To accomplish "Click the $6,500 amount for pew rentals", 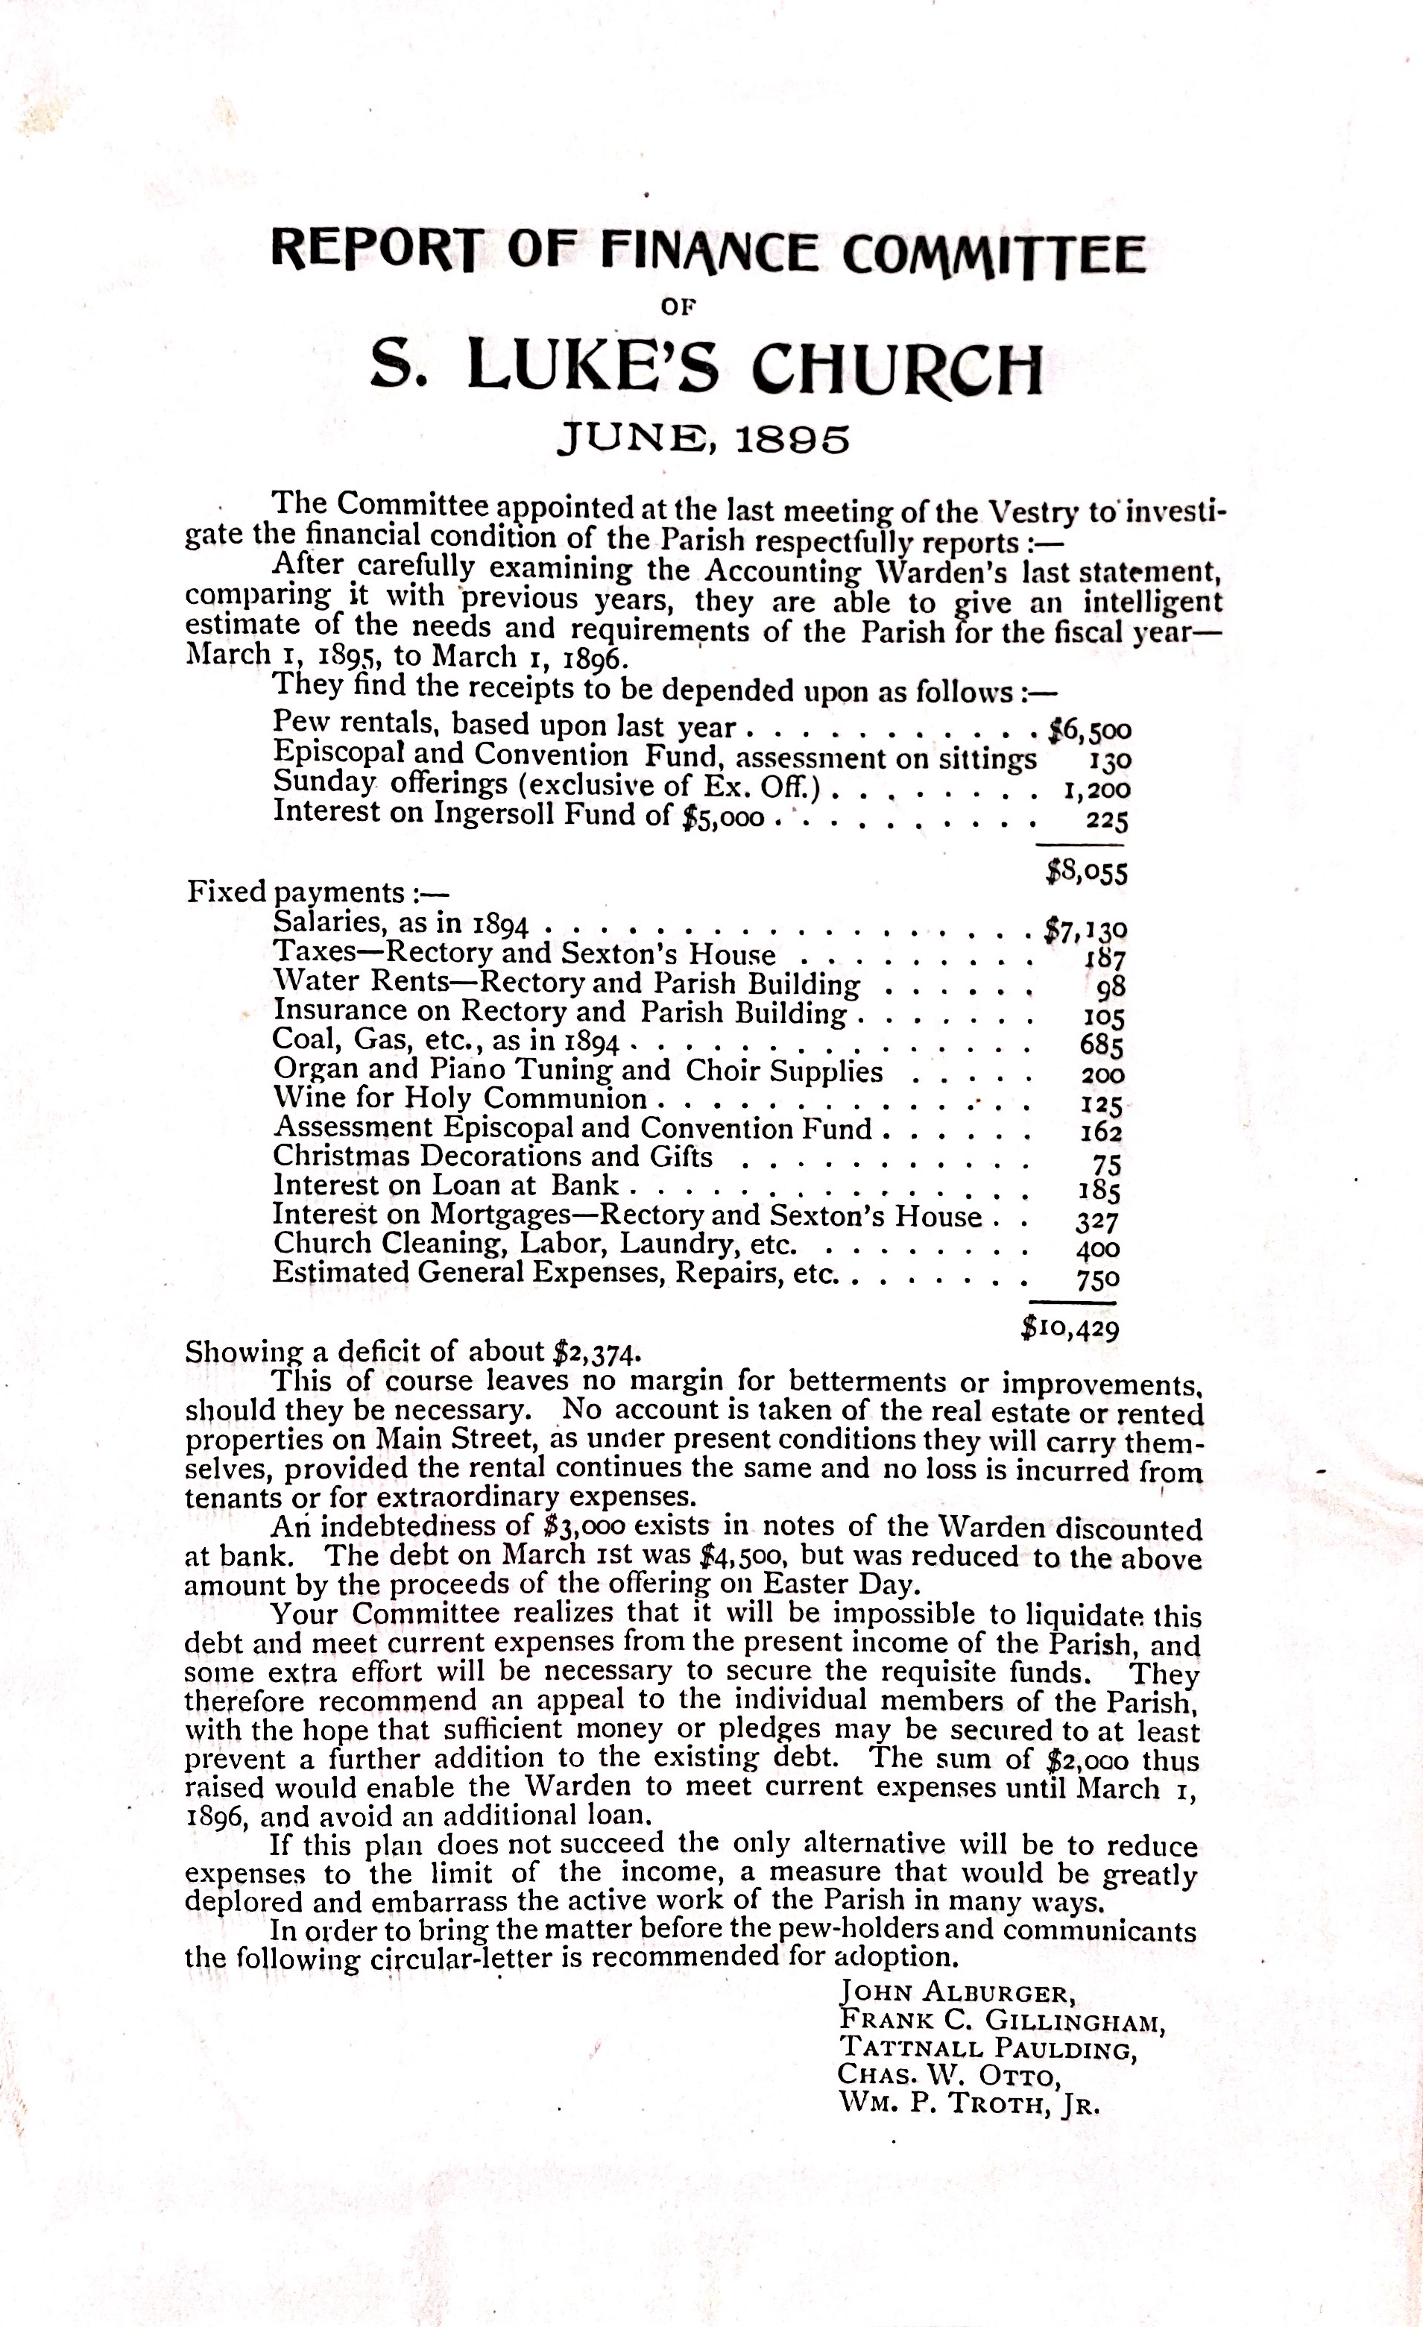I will click(x=1089, y=729).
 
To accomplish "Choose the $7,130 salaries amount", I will click(x=1085, y=931).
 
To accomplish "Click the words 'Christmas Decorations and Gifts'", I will click(x=492, y=1157).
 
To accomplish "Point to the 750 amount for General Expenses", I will click(x=1098, y=1279).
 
